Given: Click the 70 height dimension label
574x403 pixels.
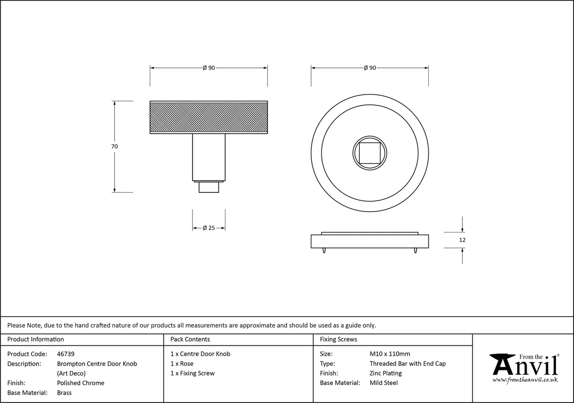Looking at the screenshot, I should pyautogui.click(x=114, y=146).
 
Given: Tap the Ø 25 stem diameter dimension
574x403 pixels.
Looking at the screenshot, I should pyautogui.click(x=209, y=228).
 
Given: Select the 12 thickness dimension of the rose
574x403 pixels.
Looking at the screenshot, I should pyautogui.click(x=462, y=240).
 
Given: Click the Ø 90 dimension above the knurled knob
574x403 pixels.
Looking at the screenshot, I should pyautogui.click(x=209, y=68).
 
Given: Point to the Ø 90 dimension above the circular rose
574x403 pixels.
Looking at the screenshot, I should pyautogui.click(x=370, y=68).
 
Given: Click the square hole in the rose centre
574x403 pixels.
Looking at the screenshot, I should pyautogui.click(x=370, y=153).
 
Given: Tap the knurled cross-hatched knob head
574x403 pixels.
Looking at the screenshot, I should pyautogui.click(x=209, y=117).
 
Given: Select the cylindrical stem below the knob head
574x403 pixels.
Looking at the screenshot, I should pyautogui.click(x=209, y=157).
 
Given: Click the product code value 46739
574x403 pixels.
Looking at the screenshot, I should pyautogui.click(x=66, y=354).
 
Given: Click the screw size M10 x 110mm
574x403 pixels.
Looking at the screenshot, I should pyautogui.click(x=390, y=354).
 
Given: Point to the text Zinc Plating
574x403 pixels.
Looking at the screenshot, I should pyautogui.click(x=385, y=373).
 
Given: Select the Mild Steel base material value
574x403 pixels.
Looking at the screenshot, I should pyautogui.click(x=383, y=383).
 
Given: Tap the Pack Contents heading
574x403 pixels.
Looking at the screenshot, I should pyautogui.click(x=190, y=339).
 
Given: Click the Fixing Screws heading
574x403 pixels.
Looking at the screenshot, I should pyautogui.click(x=339, y=339).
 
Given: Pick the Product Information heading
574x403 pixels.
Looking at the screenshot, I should pyautogui.click(x=35, y=339).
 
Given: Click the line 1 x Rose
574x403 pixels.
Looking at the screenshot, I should pyautogui.click(x=182, y=364).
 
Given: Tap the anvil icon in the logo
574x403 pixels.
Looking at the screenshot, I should pyautogui.click(x=502, y=364).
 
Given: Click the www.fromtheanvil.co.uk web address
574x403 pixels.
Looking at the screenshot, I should pyautogui.click(x=525, y=379).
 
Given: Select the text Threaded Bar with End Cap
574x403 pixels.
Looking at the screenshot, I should pyautogui.click(x=408, y=364).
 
